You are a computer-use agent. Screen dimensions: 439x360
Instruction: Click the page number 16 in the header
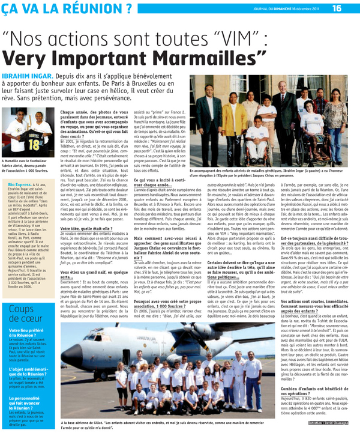337,8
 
